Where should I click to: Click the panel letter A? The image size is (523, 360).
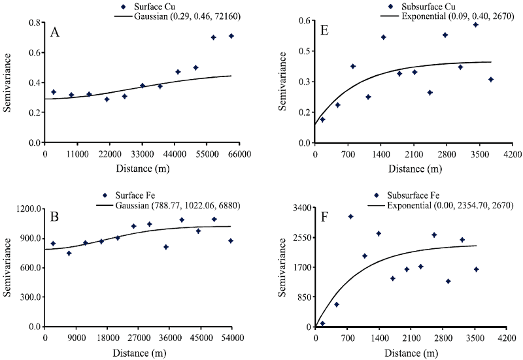(56, 33)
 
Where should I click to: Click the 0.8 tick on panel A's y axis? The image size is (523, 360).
(33, 23)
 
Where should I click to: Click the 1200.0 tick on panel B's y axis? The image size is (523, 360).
(27, 208)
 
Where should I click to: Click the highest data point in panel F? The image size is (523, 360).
(350, 216)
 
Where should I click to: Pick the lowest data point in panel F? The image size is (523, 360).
(322, 323)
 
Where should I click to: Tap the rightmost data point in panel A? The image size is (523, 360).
(231, 36)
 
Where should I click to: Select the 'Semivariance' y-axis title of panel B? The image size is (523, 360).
(8, 268)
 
